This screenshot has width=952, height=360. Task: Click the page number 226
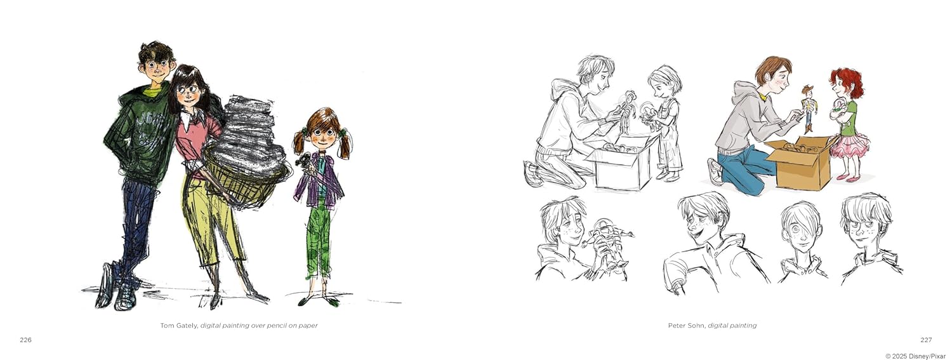(x=25, y=340)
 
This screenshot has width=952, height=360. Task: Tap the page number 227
(x=926, y=340)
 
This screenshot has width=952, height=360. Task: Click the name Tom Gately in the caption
(x=178, y=326)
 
